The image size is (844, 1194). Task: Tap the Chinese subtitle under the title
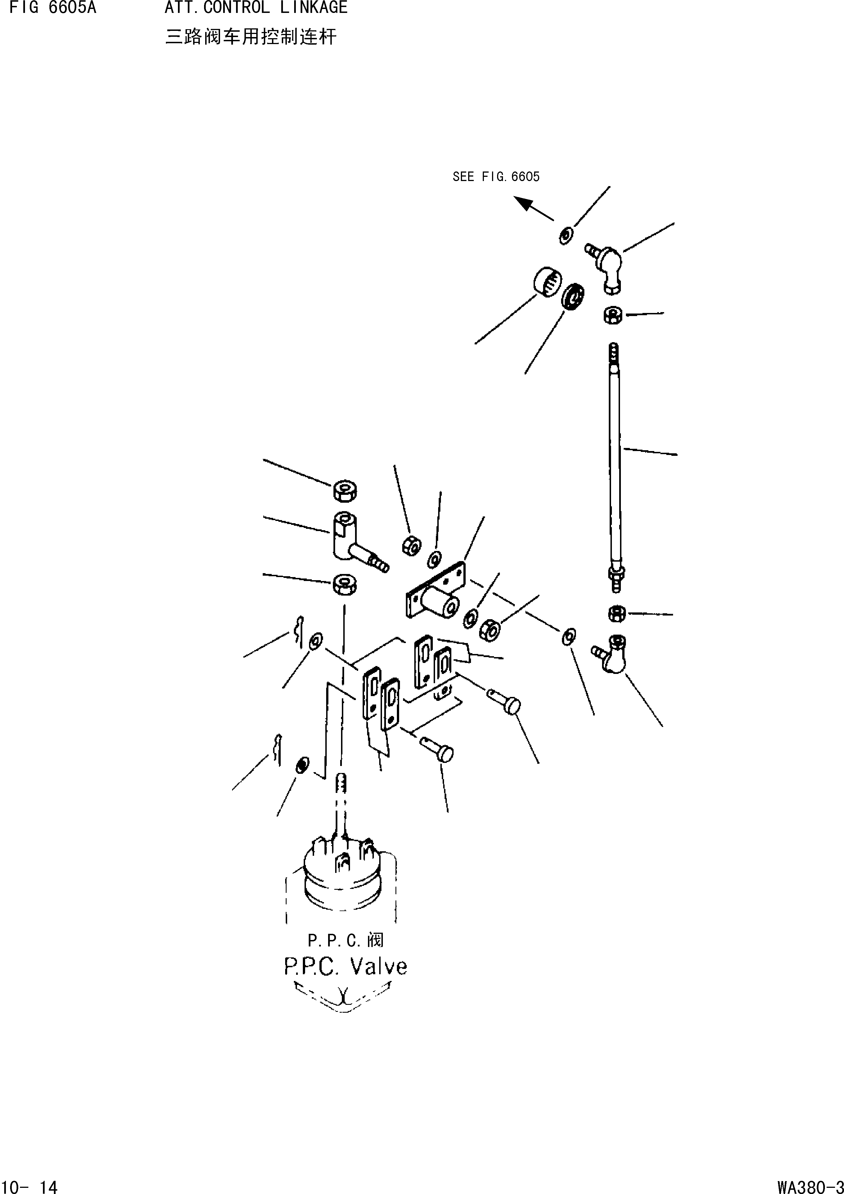click(x=251, y=37)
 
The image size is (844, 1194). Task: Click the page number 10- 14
click(x=29, y=1186)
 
